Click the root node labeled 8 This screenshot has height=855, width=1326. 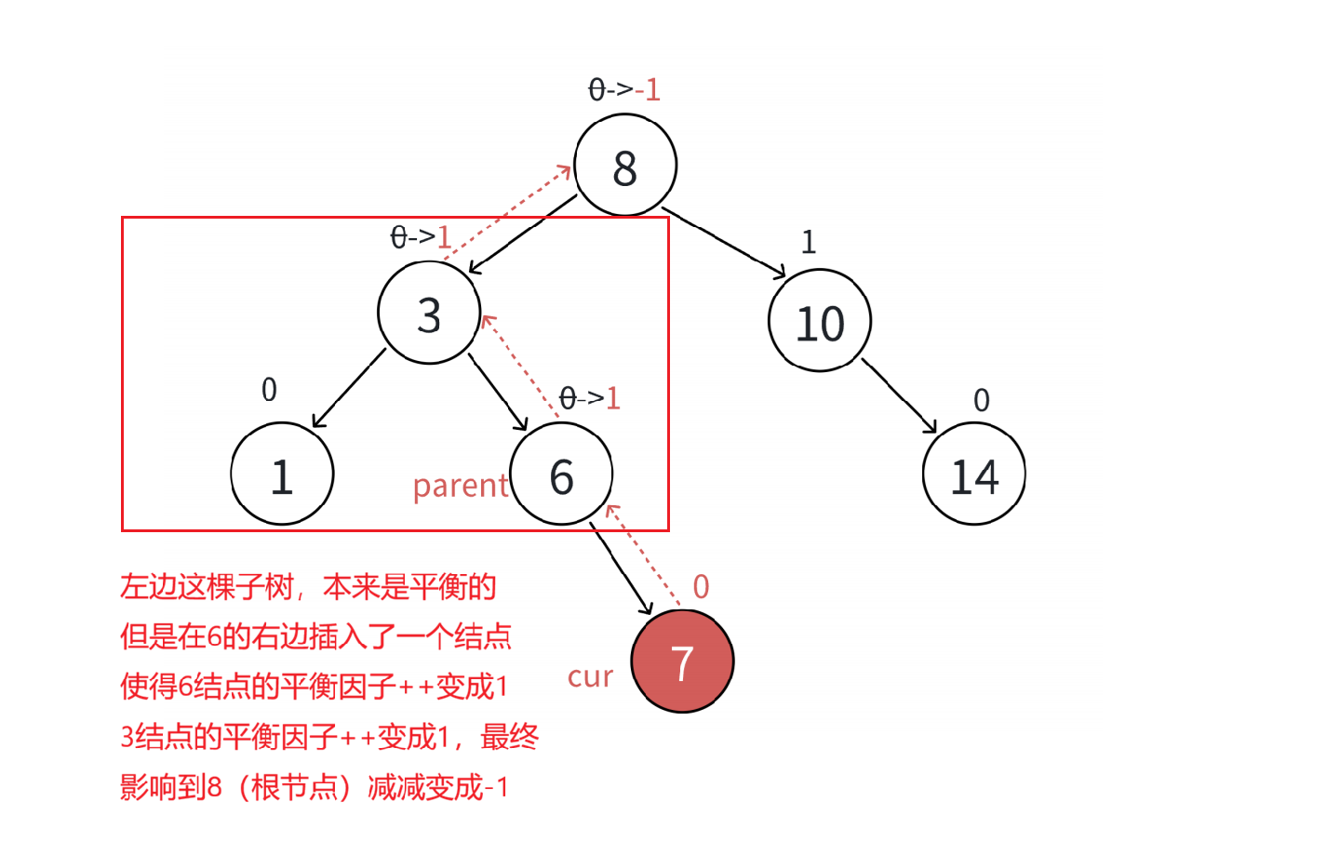click(625, 166)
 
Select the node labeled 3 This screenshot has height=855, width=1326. click(429, 313)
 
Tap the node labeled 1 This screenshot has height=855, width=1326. click(282, 474)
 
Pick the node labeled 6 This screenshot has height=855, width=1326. click(561, 474)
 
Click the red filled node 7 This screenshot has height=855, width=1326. click(682, 661)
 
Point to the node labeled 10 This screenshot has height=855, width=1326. click(820, 321)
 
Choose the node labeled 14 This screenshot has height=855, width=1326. click(974, 474)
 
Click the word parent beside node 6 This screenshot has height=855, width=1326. click(461, 486)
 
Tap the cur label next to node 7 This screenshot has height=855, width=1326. click(590, 676)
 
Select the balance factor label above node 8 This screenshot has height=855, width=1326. click(624, 89)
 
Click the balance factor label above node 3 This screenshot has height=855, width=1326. click(421, 236)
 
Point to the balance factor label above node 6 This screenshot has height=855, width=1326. click(589, 398)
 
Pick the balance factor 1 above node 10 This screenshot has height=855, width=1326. click(809, 242)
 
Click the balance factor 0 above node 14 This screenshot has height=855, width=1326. click(982, 400)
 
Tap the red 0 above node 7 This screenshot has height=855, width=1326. click(701, 586)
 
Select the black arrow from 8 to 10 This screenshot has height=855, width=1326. click(726, 244)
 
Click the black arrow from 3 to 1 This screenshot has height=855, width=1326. click(350, 388)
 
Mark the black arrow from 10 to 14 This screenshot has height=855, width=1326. click(899, 396)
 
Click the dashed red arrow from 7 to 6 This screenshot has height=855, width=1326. click(644, 555)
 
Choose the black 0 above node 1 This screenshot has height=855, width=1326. click(269, 389)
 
